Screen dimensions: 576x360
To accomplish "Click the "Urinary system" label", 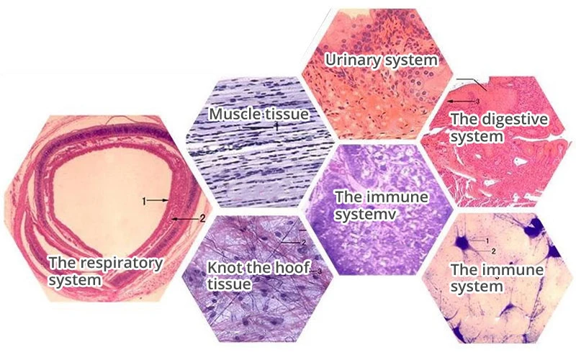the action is (381, 60).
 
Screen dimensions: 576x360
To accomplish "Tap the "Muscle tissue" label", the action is (258, 114).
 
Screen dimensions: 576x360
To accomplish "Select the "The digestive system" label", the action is (498, 127).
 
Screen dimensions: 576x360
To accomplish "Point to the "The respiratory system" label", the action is (104, 271).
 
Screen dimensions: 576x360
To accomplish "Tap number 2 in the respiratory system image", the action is (202, 217).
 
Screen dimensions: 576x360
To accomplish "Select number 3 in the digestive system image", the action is (476, 102).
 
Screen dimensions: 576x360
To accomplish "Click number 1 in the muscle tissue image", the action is (276, 125).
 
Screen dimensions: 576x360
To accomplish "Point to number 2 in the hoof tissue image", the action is (304, 243).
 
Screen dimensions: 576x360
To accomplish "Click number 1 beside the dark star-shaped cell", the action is (487, 240).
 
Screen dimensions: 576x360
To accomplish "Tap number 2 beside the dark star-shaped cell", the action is (492, 251).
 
